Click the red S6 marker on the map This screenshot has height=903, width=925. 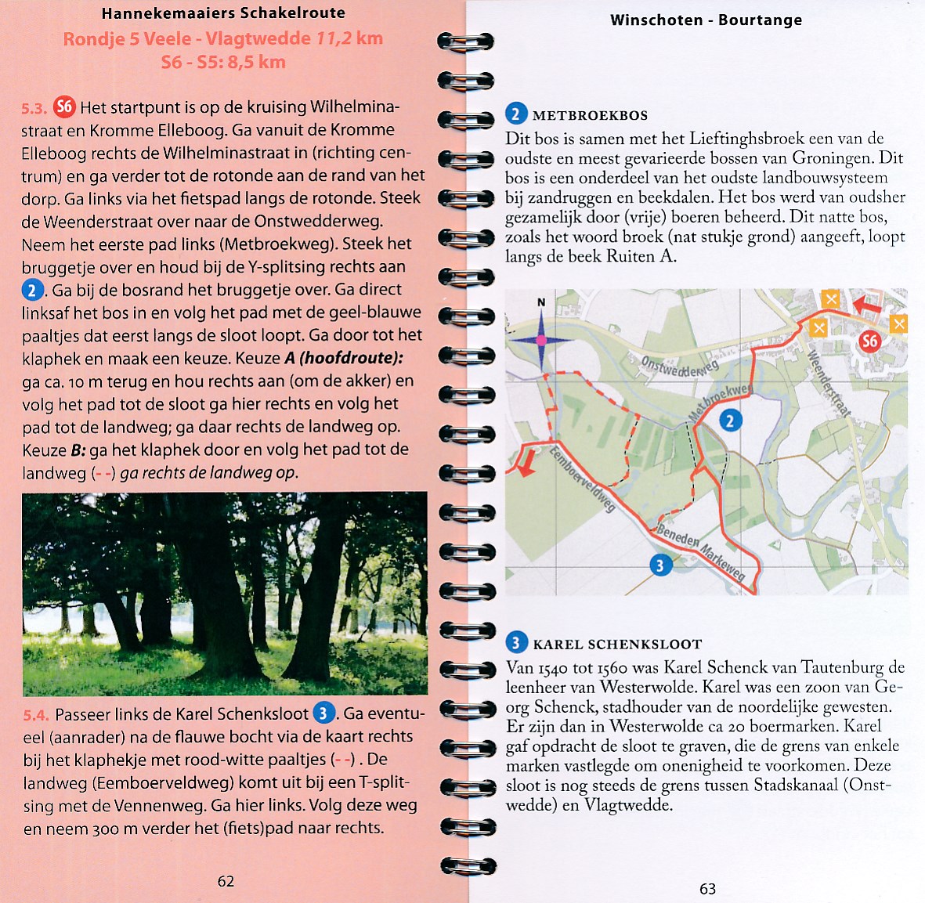tap(869, 341)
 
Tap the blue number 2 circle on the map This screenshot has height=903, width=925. tap(730, 421)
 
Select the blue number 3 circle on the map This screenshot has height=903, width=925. tap(660, 565)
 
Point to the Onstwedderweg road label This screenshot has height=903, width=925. tap(679, 366)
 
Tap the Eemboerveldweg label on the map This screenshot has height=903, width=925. tap(581, 479)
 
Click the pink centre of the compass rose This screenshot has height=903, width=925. tap(540, 340)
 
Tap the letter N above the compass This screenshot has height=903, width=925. tap(540, 302)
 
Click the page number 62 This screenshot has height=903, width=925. tap(226, 881)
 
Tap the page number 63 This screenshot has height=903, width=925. tap(707, 889)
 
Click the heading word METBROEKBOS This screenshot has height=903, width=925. tap(590, 116)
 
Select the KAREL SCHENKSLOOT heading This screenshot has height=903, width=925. tap(617, 645)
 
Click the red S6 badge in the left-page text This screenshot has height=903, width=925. tap(64, 107)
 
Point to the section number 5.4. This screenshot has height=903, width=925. tap(36, 714)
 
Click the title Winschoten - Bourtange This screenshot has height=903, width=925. tap(706, 20)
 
